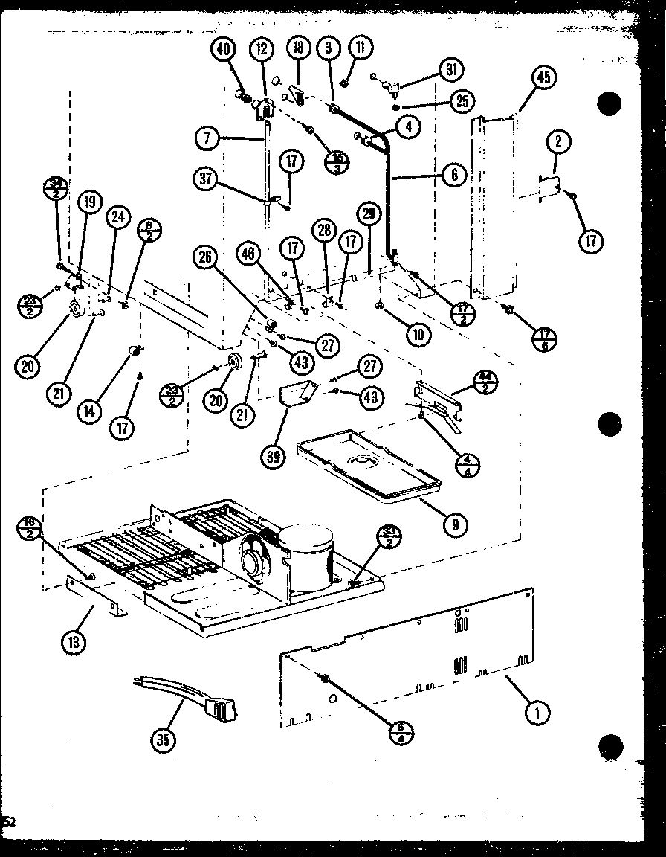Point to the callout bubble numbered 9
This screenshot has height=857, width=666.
coord(454,524)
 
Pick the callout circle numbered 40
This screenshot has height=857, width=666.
coord(224,50)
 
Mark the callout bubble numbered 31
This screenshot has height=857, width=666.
coord(450,71)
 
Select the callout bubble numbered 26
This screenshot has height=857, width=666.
coord(206,258)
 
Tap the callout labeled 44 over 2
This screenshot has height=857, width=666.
coord(486,382)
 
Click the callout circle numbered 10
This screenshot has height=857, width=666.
coord(418,334)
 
